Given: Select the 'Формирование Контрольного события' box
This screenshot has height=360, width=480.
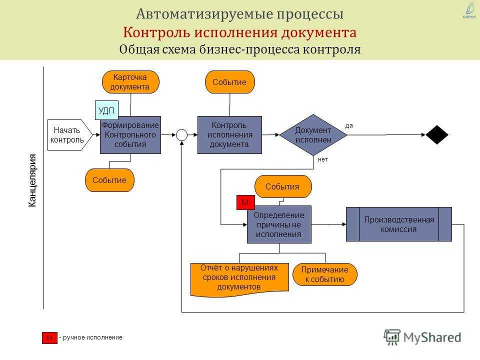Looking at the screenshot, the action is point(130,135).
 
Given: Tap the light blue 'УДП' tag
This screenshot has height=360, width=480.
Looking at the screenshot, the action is point(106,110).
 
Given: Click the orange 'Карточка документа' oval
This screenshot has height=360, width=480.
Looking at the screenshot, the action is point(130,82).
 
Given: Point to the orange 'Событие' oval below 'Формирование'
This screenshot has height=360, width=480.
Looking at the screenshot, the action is point(109,180).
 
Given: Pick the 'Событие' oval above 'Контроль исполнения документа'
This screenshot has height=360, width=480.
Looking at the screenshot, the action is point(230,82).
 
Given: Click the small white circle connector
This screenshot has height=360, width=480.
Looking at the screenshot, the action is point(182,134).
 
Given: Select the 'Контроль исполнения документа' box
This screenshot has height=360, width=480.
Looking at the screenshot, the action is point(229,135).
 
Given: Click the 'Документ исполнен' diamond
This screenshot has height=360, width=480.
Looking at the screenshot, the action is point(313,135).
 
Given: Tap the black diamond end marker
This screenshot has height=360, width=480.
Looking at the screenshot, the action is point(437,134).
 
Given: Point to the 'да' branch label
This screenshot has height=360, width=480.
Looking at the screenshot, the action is point(349,125).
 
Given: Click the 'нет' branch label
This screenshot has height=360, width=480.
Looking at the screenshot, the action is point(322,159).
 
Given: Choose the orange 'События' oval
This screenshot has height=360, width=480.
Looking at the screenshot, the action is point(283,186).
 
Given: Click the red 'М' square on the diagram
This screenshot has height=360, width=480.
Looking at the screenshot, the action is point(245,202).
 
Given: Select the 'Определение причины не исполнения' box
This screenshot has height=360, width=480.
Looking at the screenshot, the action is point(279,224).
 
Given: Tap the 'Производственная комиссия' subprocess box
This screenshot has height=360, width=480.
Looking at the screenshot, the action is point(399,224).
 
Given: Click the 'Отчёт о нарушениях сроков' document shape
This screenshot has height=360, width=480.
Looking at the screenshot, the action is point(239,279).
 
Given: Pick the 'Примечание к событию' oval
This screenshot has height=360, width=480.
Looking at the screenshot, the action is point(325,274).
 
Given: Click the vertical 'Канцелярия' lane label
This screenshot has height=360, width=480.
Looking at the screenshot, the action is point(32,180).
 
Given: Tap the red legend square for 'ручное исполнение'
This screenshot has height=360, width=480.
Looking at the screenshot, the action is point(49,337).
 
